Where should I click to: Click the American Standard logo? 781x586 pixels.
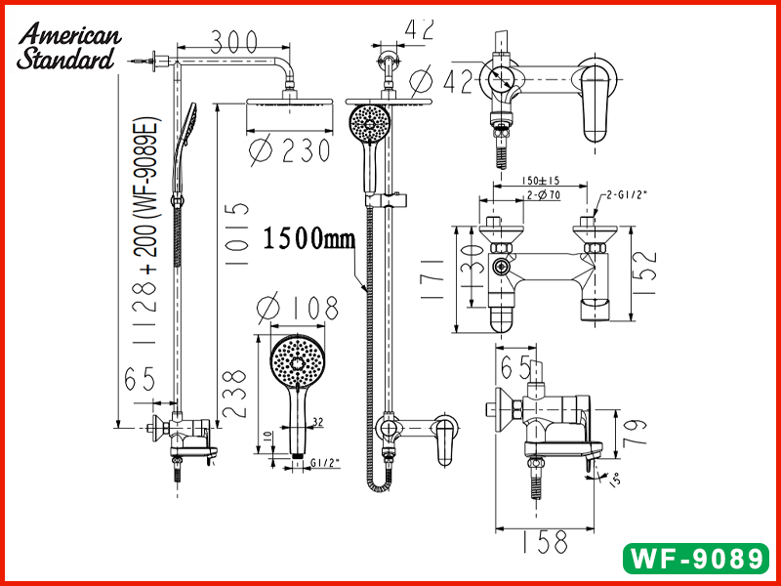[x=68, y=46]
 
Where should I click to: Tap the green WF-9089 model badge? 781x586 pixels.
[x=696, y=559]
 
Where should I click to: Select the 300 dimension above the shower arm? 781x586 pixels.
[x=233, y=41]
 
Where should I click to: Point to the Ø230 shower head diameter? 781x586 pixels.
[x=289, y=150]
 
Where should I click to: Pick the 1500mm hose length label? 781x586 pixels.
[x=308, y=238]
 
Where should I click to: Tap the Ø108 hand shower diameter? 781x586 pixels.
[x=298, y=308]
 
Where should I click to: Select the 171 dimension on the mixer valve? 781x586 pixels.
[x=432, y=279]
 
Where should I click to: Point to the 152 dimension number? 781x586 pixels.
[x=645, y=272]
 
